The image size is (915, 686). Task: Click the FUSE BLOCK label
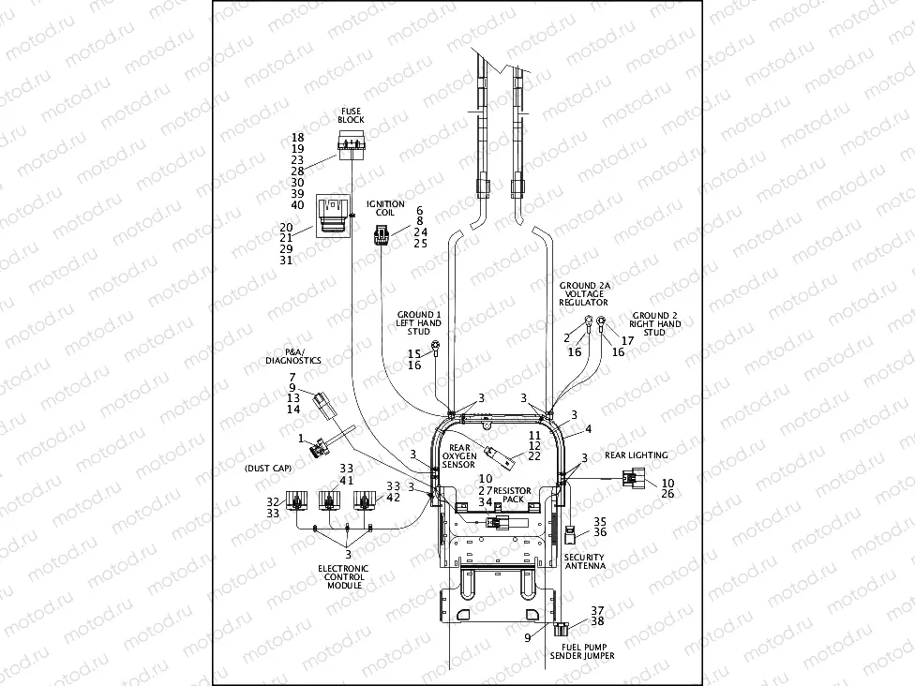pos(352,115)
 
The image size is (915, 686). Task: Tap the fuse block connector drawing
pos(352,144)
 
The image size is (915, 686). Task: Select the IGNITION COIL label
pos(385,208)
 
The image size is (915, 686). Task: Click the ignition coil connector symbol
pos(381,239)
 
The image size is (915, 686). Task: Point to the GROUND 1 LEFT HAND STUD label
pos(418,323)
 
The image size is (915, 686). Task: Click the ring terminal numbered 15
pos(436,350)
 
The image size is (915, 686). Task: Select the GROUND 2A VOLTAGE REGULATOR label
pos(583,292)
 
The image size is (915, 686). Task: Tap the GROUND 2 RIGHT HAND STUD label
pos(656,323)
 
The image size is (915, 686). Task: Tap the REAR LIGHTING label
pos(636,455)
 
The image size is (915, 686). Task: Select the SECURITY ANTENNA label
pos(584,561)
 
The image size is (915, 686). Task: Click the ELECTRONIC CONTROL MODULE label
pos(343,576)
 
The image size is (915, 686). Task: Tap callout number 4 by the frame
pos(589,428)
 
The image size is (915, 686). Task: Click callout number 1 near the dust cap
pos(301,438)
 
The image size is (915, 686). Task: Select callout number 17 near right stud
pos(627,340)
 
